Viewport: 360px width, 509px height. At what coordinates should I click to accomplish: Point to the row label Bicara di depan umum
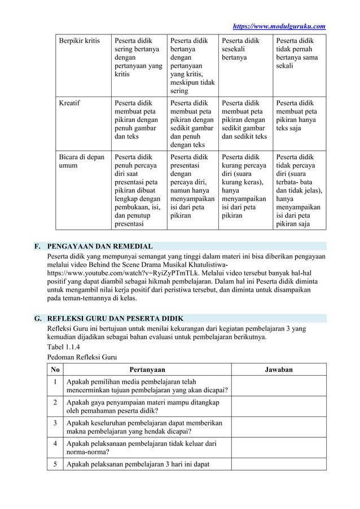pyautogui.click(x=82, y=161)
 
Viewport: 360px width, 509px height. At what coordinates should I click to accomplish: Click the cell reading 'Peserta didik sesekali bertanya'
pyautogui.click(x=241, y=49)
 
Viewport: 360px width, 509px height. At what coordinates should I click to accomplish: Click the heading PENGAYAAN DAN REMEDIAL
pyautogui.click(x=100, y=247)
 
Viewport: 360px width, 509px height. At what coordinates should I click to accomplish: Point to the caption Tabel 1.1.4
pyautogui.click(x=63, y=347)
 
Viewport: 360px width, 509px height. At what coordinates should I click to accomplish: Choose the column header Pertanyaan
pyautogui.click(x=148, y=370)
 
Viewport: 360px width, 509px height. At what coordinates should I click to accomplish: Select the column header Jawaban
pyautogui.click(x=279, y=370)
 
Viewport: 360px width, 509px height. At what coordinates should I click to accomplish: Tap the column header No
pyautogui.click(x=55, y=370)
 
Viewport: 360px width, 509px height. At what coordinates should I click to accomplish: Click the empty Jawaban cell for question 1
pyautogui.click(x=279, y=386)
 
